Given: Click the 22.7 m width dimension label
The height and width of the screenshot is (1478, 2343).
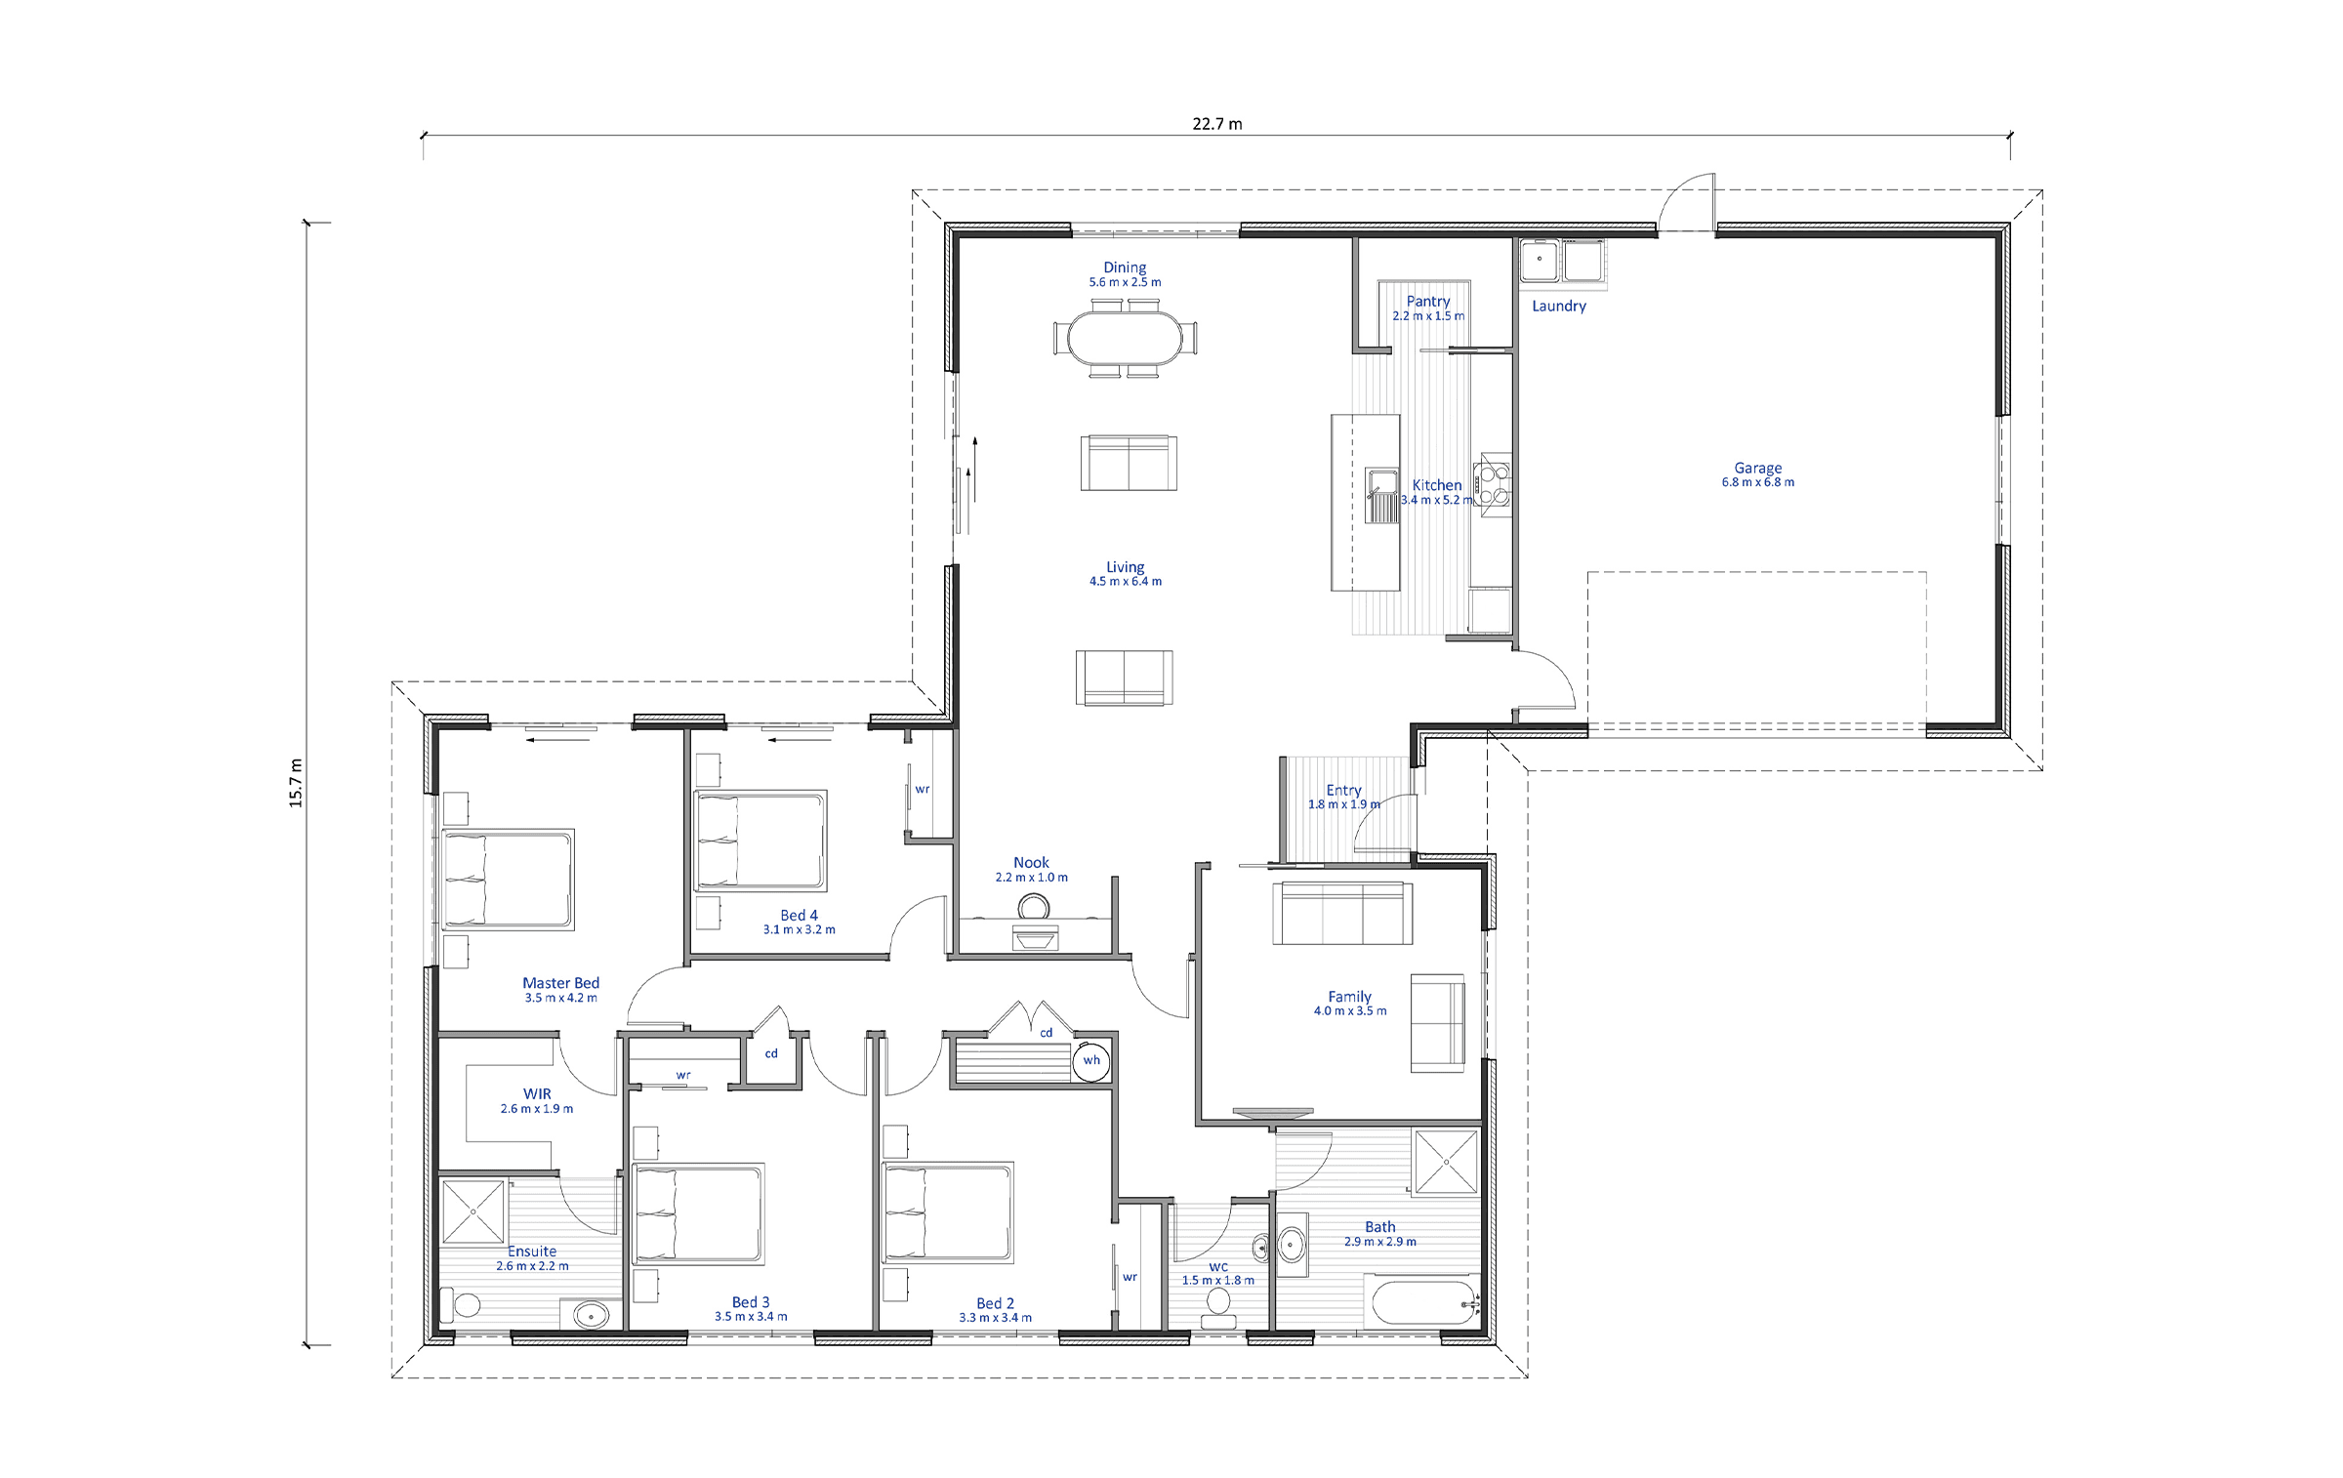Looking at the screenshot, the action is (x=1216, y=124).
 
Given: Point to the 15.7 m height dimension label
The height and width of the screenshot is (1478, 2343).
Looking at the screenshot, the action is (x=296, y=783).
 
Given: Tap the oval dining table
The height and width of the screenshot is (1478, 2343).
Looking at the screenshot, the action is (x=1125, y=338).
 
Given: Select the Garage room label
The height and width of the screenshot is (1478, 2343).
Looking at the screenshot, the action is (x=1757, y=468).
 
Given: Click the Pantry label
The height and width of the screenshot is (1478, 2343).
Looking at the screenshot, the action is (x=1428, y=302).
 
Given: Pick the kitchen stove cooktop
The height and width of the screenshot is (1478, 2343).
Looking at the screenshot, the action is (x=1496, y=482).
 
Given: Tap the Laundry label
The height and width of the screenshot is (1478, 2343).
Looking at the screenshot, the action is (x=1559, y=307).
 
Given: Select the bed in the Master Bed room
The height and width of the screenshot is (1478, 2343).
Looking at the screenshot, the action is (x=508, y=880).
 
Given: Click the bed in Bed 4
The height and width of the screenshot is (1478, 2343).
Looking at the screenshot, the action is (x=760, y=841).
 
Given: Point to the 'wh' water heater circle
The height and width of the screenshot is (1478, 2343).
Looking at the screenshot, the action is (x=1091, y=1061).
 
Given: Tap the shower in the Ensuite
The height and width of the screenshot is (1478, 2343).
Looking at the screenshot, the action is (x=473, y=1211).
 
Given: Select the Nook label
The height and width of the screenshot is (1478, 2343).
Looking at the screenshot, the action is (x=1031, y=863).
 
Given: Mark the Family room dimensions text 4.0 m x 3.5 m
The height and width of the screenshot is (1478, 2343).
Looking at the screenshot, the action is (x=1350, y=1011).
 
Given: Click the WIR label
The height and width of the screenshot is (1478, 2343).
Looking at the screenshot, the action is (x=537, y=1094).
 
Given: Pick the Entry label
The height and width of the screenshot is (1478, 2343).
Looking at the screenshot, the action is (x=1343, y=791).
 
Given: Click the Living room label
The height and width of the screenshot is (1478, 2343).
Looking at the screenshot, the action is (x=1125, y=567).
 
